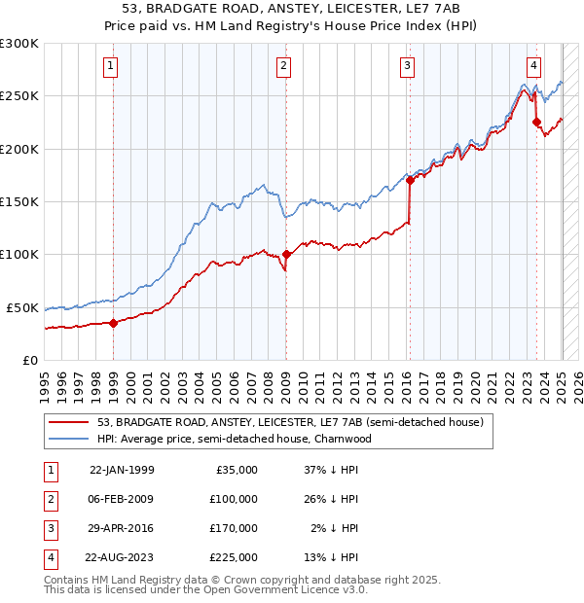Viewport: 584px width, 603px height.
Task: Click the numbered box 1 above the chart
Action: point(112,66)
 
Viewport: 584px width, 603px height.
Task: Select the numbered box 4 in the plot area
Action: point(534,66)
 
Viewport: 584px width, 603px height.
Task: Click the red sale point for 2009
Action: point(286,255)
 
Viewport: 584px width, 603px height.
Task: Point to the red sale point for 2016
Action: point(410,180)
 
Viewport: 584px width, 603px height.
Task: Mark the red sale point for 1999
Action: point(113,323)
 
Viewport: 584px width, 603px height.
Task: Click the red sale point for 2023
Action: point(536,123)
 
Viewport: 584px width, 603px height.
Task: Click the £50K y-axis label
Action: point(23,307)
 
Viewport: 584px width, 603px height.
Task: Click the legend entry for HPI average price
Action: point(235,439)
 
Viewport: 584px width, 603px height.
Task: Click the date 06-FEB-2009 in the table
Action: point(121,499)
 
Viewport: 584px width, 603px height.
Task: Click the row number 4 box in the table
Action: point(49,557)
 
